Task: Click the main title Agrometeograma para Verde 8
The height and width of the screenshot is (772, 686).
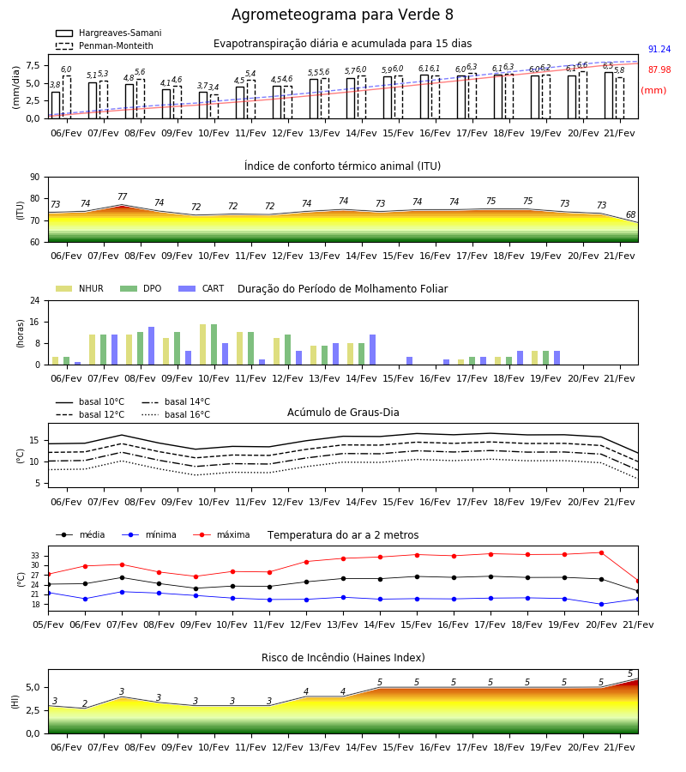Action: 342,15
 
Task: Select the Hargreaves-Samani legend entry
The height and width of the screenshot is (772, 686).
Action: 108,33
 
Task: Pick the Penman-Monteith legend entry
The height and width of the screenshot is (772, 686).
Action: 105,45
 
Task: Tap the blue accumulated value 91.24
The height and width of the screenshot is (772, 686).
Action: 659,49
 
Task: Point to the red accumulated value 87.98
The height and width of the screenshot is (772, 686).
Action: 659,70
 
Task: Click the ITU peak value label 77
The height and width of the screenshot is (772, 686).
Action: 122,196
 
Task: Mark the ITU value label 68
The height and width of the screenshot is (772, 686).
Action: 630,214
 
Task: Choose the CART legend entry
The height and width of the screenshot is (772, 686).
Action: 202,288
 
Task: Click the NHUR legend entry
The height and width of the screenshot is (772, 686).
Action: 80,288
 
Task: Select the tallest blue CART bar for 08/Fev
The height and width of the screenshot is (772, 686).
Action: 151,346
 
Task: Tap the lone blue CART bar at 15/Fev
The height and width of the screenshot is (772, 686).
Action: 409,361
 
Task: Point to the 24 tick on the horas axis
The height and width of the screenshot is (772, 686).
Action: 35,301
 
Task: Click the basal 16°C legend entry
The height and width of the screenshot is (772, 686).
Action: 176,414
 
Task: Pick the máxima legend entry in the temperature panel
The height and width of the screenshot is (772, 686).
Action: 221,534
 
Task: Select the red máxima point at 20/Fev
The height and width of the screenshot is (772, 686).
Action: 601,553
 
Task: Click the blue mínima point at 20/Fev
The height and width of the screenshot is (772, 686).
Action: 601,604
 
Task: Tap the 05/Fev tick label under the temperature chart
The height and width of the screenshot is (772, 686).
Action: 48,624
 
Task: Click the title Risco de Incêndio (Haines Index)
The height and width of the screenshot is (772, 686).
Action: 343,658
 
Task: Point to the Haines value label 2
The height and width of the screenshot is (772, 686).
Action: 85,703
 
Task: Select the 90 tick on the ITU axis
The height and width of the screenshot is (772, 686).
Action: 35,178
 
